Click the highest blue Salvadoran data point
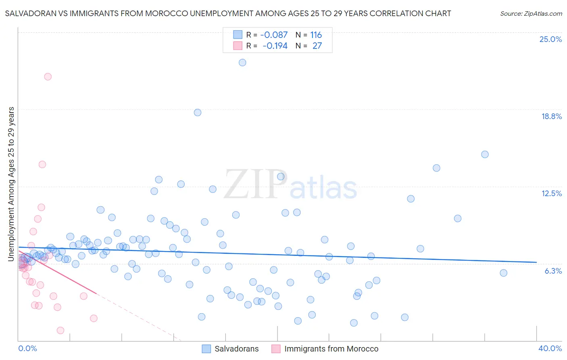242,63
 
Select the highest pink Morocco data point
48,77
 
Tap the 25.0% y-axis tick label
550,39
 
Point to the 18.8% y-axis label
551,116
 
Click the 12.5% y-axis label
551,193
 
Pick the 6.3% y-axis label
553,271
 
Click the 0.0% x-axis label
27,348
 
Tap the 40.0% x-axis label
550,348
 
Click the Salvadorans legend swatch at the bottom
206,349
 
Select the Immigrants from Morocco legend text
331,349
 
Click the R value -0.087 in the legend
274,35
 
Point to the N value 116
316,35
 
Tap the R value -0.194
275,46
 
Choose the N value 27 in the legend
317,46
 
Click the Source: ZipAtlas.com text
531,13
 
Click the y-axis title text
11,184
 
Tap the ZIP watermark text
255,185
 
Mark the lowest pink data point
60,331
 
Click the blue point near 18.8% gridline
198,113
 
